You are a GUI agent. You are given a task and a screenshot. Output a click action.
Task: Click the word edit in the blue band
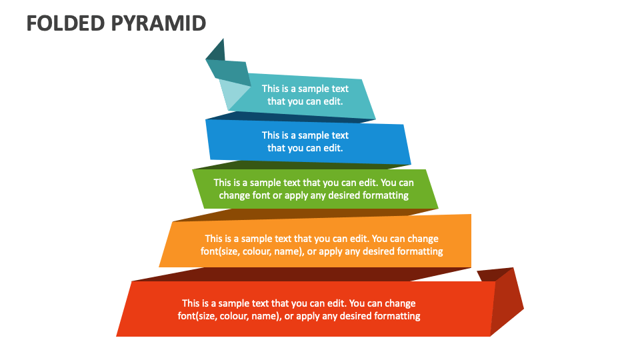(331, 148)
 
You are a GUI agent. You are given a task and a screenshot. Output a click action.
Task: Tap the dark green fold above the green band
(300, 164)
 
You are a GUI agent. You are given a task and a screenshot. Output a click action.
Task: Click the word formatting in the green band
(385, 195)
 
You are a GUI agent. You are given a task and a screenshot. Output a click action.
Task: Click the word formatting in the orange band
(420, 251)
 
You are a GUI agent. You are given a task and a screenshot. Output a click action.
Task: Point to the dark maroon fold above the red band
(300, 274)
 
